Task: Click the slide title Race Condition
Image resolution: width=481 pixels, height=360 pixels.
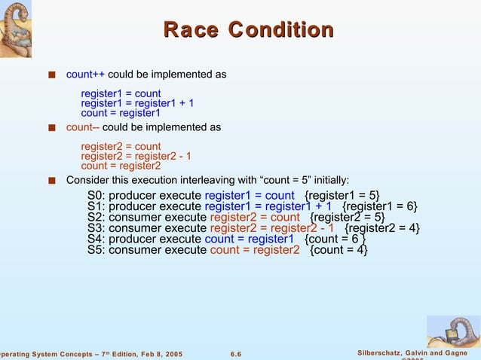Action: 249,30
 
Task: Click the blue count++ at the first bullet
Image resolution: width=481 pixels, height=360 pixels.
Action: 85,75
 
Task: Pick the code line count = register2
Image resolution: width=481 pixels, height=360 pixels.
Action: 121,166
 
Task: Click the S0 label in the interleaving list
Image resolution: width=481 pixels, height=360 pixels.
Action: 96,197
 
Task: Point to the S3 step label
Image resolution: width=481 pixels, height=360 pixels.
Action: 96,229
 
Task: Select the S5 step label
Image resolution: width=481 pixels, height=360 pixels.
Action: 96,250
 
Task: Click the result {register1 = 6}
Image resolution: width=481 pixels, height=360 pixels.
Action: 380,208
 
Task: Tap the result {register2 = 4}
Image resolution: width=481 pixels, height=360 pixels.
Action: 382,229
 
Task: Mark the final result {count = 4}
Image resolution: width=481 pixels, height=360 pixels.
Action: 339,250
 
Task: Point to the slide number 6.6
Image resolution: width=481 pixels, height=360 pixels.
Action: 234,355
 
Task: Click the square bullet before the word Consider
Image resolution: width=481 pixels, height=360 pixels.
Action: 51,181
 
